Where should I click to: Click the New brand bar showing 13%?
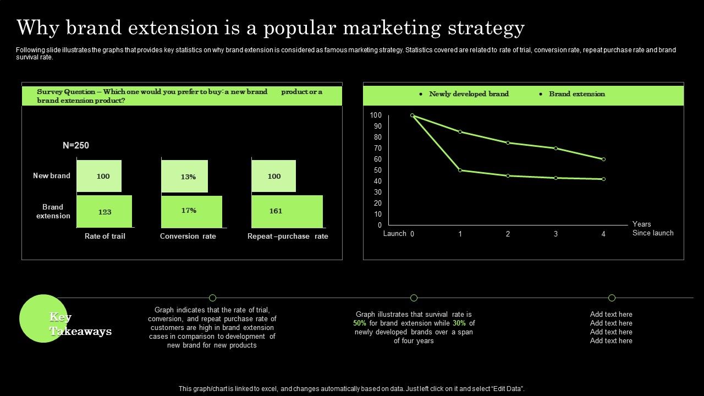click(x=185, y=177)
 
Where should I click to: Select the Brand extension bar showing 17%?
click(x=191, y=211)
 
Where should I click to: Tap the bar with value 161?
click(x=287, y=211)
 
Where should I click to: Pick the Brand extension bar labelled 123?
click(x=105, y=211)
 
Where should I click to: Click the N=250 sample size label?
click(x=76, y=146)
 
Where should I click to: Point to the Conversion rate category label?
click(x=188, y=236)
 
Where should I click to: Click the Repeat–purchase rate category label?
click(x=288, y=236)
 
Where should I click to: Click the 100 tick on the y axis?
click(x=376, y=115)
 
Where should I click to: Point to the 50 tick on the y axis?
click(x=377, y=170)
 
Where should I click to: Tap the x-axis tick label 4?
click(x=603, y=234)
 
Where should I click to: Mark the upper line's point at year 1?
click(x=460, y=132)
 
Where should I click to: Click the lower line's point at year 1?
click(x=460, y=170)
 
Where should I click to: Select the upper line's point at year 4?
click(x=603, y=159)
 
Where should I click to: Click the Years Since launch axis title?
click(x=652, y=228)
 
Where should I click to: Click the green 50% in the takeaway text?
click(x=360, y=323)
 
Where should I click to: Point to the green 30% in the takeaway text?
click(x=459, y=323)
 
